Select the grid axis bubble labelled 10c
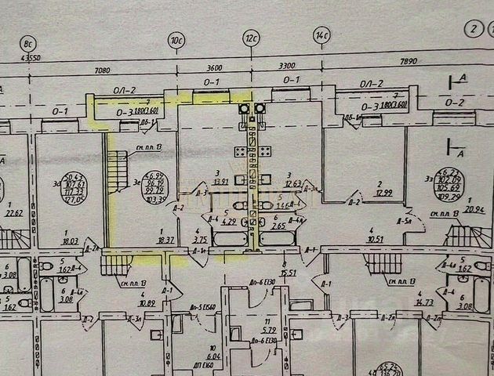click(177, 36)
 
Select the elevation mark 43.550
click(31, 58)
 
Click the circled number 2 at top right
click(472, 30)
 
